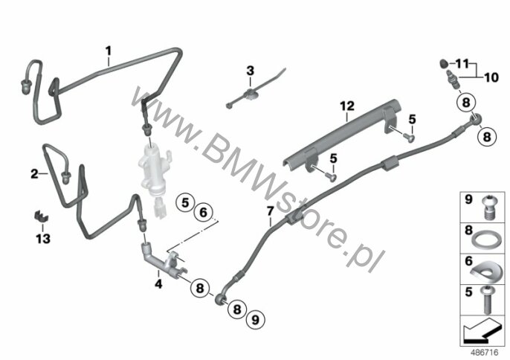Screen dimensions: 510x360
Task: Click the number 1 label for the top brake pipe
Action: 109,51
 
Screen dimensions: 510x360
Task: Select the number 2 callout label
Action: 34,174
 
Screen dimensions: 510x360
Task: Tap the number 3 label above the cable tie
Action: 250,71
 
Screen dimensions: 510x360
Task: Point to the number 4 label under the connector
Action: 158,284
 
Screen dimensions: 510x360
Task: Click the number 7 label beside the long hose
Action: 271,211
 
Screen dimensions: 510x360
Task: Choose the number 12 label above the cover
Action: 347,106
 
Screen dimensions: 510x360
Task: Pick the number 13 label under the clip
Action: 43,239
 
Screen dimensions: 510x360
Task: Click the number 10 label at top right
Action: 491,77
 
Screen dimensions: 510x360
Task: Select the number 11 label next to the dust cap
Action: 462,64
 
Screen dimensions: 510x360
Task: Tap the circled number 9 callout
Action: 256,320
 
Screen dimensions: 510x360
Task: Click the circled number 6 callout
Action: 203,213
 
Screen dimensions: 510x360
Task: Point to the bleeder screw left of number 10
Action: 453,79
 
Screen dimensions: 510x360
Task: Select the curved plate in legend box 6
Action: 485,271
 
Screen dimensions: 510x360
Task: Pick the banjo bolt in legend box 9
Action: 487,208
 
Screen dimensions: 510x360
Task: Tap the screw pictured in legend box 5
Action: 487,300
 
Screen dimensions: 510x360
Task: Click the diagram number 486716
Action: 485,353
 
